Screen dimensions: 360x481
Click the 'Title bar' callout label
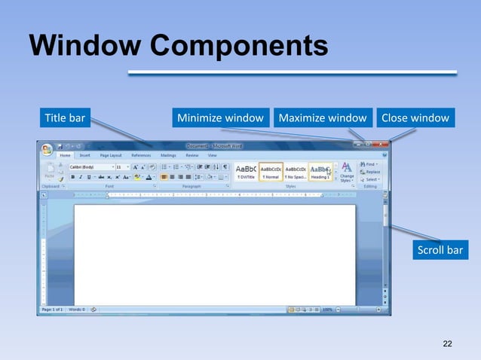coord(66,117)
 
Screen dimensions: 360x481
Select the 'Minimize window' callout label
coord(220,117)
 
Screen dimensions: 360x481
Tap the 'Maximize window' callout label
coord(323,117)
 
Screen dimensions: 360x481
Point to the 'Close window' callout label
coord(415,117)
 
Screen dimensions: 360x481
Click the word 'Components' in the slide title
coord(240,45)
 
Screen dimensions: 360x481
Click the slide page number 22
coord(448,344)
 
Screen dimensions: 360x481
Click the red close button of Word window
coord(382,145)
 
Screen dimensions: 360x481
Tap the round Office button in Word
coord(47,149)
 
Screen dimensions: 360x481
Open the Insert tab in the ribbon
coord(84,155)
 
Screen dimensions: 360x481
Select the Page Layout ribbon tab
coord(110,155)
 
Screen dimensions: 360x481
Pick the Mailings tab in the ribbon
coord(168,155)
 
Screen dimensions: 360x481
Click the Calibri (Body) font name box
coord(90,166)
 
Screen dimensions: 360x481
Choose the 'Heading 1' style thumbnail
coord(320,172)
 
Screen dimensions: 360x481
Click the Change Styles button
coord(346,172)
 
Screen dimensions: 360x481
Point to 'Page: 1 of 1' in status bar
coord(53,309)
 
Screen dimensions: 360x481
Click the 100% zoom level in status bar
coord(328,309)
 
